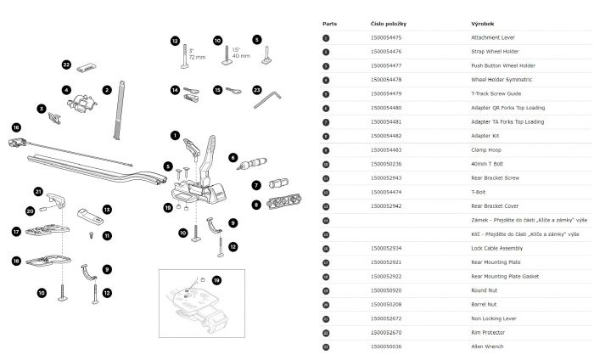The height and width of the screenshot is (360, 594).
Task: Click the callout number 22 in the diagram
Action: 66,65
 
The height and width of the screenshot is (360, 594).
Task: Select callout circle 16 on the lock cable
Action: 15,127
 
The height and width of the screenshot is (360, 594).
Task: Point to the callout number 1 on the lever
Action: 175,134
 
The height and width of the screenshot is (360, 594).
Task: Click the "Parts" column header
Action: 330,25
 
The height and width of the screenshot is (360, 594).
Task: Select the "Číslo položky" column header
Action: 387,25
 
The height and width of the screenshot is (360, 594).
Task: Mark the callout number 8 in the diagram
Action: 256,204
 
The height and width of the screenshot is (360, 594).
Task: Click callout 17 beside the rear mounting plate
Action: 16,231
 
